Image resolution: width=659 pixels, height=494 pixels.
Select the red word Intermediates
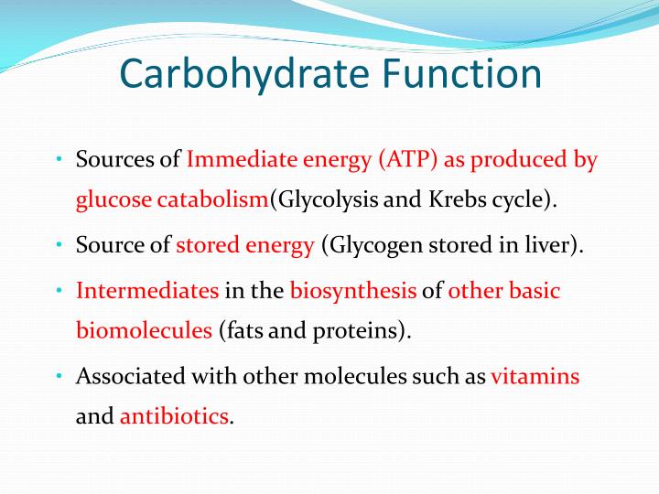coord(147,291)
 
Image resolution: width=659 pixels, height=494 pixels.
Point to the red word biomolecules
coord(144,330)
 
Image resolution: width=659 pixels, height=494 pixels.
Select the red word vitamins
coord(535,376)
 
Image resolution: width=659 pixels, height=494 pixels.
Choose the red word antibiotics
coord(174,416)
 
